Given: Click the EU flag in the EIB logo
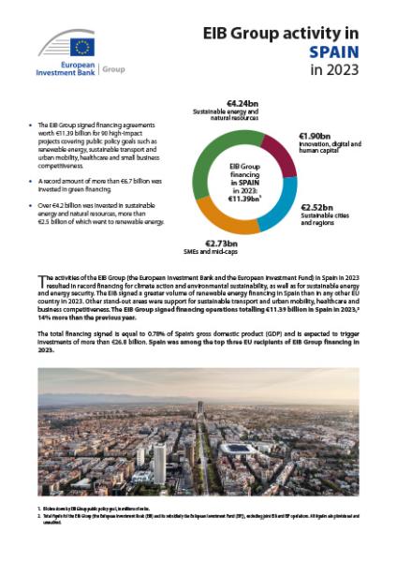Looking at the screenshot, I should pyautogui.click(x=81, y=46).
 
